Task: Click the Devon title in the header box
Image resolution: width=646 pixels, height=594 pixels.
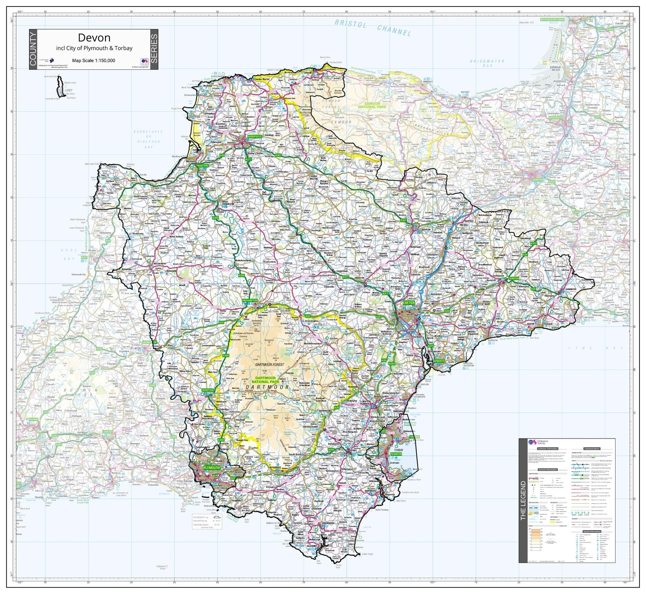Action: tap(94, 37)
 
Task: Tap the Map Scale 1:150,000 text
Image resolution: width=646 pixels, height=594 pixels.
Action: tap(94, 60)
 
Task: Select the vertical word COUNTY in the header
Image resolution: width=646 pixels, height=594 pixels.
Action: tap(33, 50)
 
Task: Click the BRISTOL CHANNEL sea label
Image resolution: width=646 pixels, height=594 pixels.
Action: tap(372, 28)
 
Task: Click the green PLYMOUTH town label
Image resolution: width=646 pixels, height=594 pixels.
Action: tap(211, 468)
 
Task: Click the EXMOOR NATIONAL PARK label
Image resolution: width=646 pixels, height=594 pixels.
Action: tap(375, 105)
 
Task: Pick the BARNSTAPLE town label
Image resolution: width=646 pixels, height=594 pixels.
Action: tap(255, 136)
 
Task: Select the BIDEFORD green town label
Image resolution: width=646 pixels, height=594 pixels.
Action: tap(203, 165)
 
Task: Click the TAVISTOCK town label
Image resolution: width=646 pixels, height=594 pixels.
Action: tap(207, 390)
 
